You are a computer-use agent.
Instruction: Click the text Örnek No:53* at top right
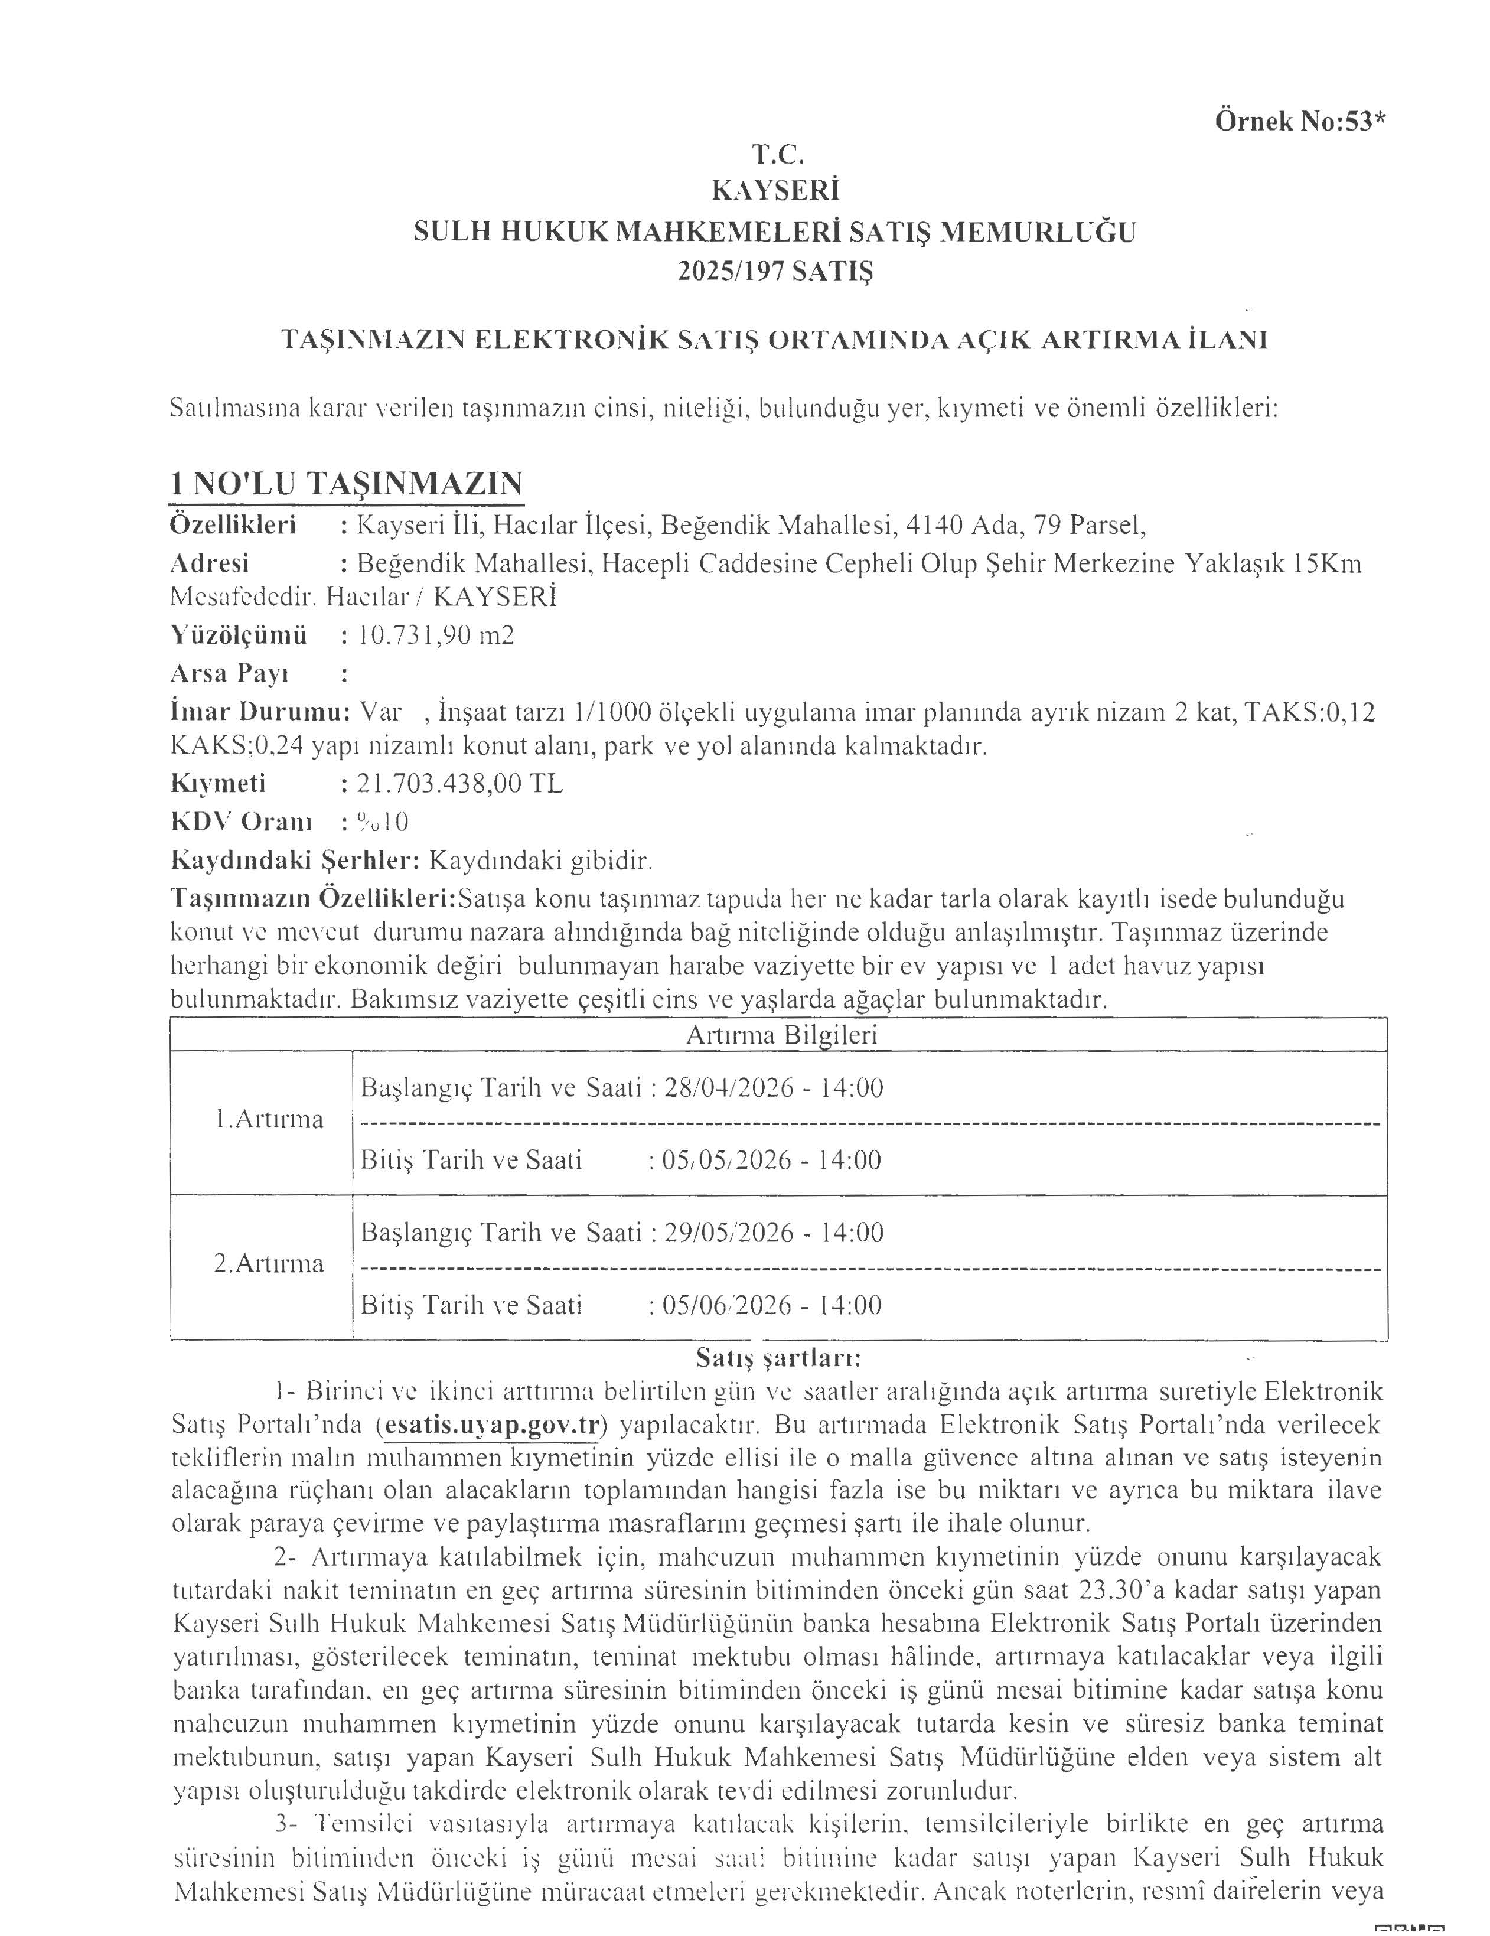click(1299, 122)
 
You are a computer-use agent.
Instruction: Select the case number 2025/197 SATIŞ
click(775, 270)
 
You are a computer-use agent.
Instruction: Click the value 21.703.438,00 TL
click(459, 784)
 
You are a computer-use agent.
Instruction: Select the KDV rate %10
click(382, 822)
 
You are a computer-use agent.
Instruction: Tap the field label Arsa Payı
click(230, 674)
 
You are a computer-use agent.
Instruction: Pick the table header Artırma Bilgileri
click(781, 1035)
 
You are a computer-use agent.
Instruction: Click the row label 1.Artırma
click(269, 1120)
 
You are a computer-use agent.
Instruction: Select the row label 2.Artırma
click(269, 1263)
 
